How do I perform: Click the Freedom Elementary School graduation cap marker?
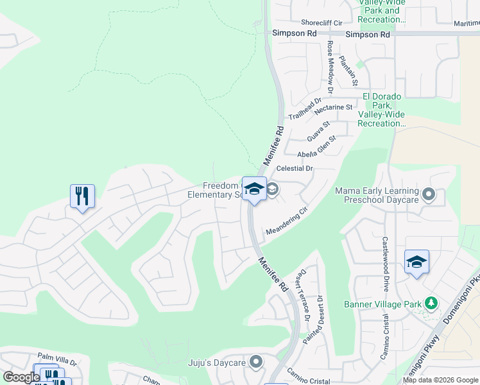254,189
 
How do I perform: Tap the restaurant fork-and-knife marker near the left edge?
82,196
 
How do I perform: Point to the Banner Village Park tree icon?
432,303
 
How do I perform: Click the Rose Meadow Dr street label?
330,63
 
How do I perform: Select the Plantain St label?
348,72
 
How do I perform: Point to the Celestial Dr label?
294,169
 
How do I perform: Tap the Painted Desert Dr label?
315,319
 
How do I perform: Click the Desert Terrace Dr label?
301,295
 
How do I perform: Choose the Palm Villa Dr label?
56,359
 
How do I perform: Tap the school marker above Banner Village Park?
416,262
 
